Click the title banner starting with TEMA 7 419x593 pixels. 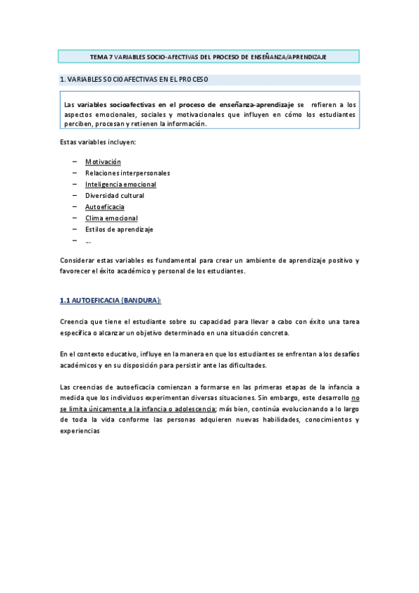click(x=208, y=56)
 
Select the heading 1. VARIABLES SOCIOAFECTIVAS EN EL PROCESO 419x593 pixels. click(x=134, y=80)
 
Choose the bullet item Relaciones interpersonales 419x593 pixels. click(x=127, y=173)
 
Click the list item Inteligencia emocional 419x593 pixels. click(x=120, y=185)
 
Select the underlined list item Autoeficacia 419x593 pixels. click(x=105, y=207)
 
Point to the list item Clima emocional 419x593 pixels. click(x=111, y=218)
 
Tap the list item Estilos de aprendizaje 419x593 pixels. click(x=119, y=229)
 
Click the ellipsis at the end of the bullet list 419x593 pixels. click(x=88, y=241)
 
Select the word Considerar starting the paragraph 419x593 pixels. click(x=78, y=260)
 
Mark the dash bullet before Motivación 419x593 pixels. click(x=74, y=162)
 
